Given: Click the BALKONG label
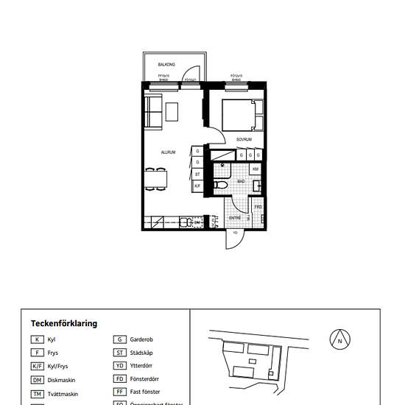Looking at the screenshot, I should [x=166, y=65].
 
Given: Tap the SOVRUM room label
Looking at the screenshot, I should [x=244, y=139].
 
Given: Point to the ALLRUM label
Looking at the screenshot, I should [x=168, y=152].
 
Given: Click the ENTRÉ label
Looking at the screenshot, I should [x=235, y=218].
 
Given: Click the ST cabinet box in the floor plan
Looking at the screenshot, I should [x=197, y=174].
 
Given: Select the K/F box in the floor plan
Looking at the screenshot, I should [x=197, y=186].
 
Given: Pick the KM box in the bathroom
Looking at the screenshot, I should [x=256, y=169].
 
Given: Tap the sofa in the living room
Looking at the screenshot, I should [x=152, y=110].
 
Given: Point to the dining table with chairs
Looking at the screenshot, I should [x=156, y=178].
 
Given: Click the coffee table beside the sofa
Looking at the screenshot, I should [x=172, y=111].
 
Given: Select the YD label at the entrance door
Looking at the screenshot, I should [x=235, y=233].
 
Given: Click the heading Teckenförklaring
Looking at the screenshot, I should [x=64, y=323].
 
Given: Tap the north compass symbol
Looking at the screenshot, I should [x=339, y=340].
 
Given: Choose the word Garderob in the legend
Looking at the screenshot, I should [x=141, y=340].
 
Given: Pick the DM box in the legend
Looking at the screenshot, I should [x=37, y=380].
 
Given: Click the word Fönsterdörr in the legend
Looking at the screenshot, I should [x=145, y=380].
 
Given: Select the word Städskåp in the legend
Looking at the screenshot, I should [x=141, y=353].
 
